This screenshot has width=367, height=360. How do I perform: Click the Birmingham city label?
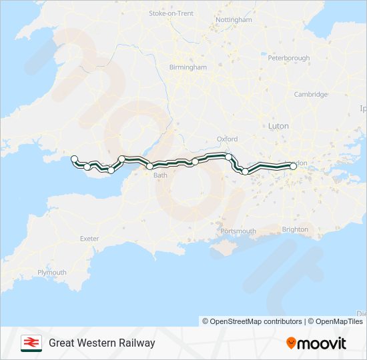(188, 67)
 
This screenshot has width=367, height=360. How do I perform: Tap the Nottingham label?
(235, 20)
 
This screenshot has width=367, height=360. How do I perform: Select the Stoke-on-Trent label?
(171, 13)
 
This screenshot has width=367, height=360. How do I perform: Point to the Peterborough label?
(289, 58)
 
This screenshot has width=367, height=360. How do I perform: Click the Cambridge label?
(311, 95)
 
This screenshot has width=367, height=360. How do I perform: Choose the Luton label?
(278, 125)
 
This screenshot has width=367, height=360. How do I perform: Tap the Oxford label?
(228, 139)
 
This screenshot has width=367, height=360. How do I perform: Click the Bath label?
(161, 176)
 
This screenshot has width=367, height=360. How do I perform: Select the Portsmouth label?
(238, 231)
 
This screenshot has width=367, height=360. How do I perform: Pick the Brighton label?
(295, 229)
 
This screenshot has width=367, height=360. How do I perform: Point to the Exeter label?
(89, 239)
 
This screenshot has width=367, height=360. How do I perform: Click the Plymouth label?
(52, 273)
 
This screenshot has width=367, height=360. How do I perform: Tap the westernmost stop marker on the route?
(75, 159)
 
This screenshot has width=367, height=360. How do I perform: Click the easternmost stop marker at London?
(293, 166)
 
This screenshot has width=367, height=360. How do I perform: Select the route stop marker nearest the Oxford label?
(229, 157)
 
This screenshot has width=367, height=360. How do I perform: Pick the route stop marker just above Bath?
(150, 166)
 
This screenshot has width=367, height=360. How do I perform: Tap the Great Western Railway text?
(102, 343)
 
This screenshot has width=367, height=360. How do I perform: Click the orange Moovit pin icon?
(292, 343)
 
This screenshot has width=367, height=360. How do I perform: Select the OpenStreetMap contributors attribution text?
(256, 321)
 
